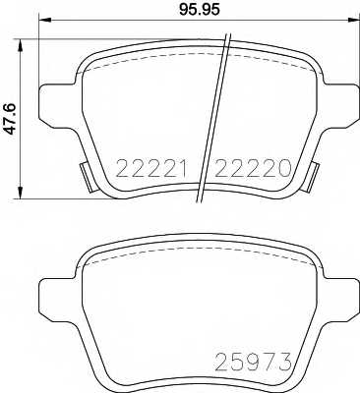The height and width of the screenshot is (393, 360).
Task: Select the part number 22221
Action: (156, 168)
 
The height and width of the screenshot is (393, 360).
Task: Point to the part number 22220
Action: (253, 168)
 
